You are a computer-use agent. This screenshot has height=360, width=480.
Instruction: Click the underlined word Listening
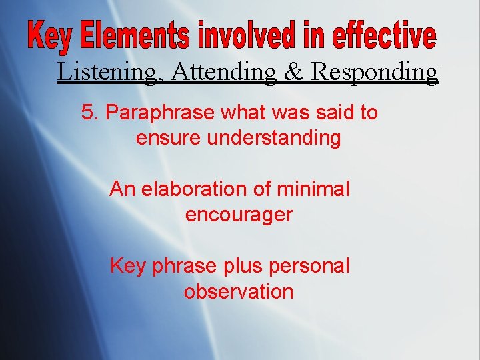click(109, 72)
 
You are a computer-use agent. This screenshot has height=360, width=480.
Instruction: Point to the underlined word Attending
click(223, 72)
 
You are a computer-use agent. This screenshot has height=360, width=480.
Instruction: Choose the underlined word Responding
click(375, 72)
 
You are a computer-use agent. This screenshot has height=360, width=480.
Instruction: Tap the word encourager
click(239, 215)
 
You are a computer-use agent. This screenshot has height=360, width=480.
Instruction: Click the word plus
click(239, 266)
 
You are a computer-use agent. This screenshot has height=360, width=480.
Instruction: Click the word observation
click(239, 291)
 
